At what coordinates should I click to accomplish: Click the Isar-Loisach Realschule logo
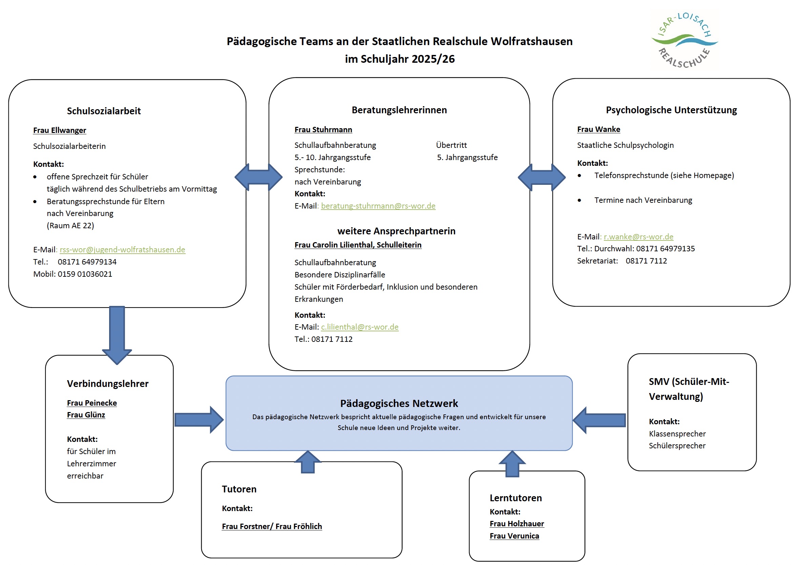tap(684, 40)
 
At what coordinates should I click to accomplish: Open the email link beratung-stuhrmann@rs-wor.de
tap(378, 206)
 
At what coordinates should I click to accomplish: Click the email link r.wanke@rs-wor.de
tap(638, 236)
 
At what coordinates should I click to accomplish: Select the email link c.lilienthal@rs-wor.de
tap(360, 327)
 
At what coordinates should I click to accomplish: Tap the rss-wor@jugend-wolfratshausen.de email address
tap(123, 249)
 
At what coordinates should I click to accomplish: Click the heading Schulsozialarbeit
tap(104, 111)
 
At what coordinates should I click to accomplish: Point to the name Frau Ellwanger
tap(60, 130)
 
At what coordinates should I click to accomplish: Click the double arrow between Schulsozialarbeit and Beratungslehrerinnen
tap(259, 177)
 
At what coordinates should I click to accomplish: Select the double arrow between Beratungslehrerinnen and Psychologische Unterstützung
tap(541, 177)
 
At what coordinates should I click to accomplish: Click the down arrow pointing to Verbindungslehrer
tap(117, 335)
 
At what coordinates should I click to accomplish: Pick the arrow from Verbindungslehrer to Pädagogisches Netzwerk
tap(199, 420)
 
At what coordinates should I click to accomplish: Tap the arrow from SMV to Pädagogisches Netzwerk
tap(599, 420)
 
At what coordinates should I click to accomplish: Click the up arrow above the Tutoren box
tap(308, 462)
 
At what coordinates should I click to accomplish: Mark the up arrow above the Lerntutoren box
tap(512, 464)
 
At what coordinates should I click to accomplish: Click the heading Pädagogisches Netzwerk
tap(399, 403)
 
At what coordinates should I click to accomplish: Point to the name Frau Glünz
tap(86, 415)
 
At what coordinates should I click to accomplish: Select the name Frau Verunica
tap(514, 536)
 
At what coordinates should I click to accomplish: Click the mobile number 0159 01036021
tap(85, 274)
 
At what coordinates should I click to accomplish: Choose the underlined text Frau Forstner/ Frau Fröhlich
tap(272, 526)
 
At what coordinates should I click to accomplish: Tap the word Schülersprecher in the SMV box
tap(677, 446)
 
